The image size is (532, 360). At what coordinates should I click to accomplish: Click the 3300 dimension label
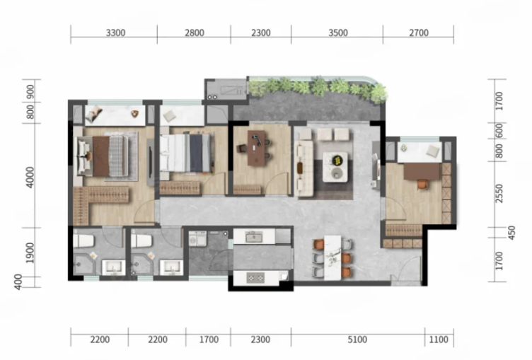pyautogui.click(x=115, y=33)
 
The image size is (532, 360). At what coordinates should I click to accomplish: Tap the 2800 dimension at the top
pyautogui.click(x=195, y=33)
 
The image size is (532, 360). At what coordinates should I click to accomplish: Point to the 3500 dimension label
pyautogui.click(x=338, y=33)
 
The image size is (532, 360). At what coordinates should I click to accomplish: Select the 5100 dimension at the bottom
pyautogui.click(x=357, y=339)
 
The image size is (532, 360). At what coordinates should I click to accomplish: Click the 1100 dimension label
pyautogui.click(x=439, y=339)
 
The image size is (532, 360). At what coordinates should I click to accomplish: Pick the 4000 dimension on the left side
pyautogui.click(x=30, y=177)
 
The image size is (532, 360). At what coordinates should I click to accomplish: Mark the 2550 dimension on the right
pyautogui.click(x=499, y=193)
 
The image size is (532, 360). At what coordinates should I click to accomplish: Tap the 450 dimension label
pyautogui.click(x=511, y=233)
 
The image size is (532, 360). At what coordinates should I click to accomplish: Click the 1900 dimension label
pyautogui.click(x=30, y=252)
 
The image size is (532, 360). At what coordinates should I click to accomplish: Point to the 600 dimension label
pyautogui.click(x=499, y=131)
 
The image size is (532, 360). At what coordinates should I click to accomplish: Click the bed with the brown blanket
pyautogui.click(x=103, y=156)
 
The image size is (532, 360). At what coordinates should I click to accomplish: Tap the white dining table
pyautogui.click(x=332, y=257)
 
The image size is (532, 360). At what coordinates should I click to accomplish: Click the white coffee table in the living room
pyautogui.click(x=335, y=167)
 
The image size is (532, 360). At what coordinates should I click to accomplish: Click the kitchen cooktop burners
pyautogui.click(x=255, y=277)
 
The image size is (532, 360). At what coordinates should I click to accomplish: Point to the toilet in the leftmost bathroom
pyautogui.click(x=83, y=240)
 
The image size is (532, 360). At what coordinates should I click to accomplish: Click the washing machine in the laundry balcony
pyautogui.click(x=197, y=238)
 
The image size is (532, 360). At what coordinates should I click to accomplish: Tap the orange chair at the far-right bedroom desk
pyautogui.click(x=422, y=184)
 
